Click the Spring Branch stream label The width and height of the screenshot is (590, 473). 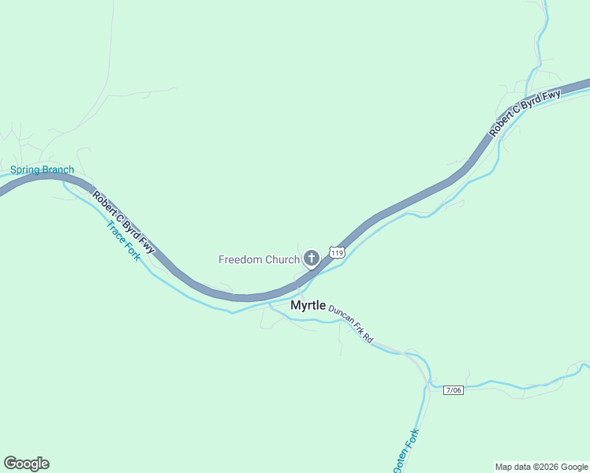point(42,170)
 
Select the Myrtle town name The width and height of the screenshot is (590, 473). point(308,305)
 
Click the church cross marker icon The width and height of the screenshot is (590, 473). point(312,258)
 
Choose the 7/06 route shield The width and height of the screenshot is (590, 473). point(454,390)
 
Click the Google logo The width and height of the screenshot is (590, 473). point(26,464)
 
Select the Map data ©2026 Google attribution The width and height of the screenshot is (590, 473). point(541,467)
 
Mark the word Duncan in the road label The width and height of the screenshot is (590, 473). point(341,317)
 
